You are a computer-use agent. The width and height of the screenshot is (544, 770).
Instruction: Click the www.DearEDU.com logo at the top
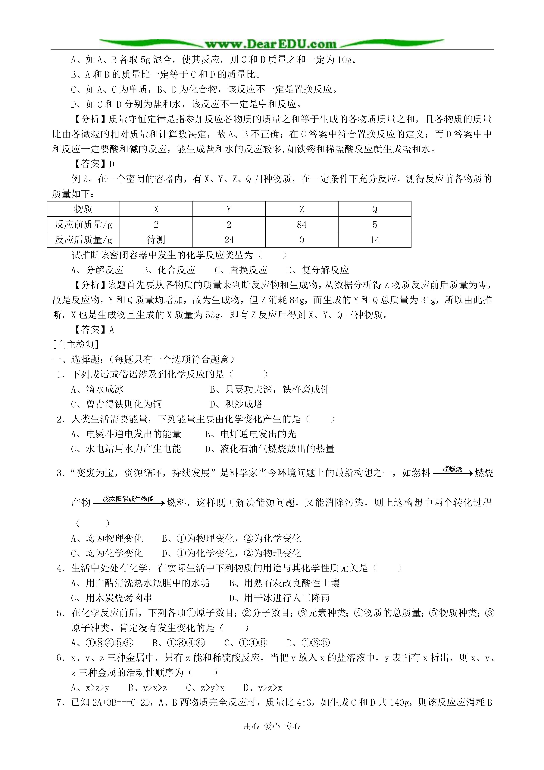click(271, 44)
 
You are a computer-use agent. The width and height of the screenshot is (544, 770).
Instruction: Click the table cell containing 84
click(302, 225)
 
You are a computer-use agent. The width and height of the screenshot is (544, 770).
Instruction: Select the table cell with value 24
click(229, 240)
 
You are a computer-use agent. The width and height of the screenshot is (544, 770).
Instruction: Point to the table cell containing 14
click(374, 240)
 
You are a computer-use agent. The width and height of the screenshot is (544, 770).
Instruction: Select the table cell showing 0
click(302, 240)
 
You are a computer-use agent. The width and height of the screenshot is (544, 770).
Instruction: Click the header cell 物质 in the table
click(83, 209)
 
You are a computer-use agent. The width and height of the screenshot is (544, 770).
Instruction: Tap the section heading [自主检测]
click(76, 344)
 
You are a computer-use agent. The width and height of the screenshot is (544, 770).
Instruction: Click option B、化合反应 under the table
click(169, 270)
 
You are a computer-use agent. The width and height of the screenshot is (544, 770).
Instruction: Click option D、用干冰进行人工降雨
click(279, 598)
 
